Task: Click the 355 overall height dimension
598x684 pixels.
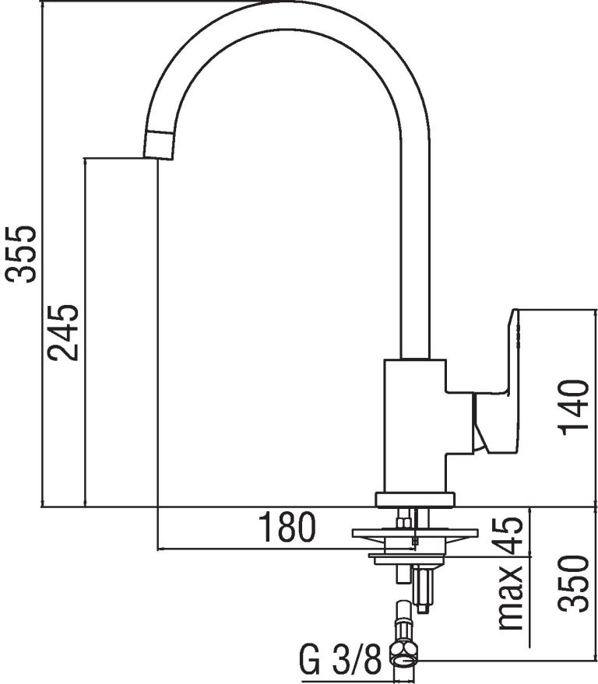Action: pyautogui.click(x=19, y=254)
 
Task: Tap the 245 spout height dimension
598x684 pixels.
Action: pyautogui.click(x=63, y=332)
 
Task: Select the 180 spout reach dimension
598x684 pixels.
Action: pyautogui.click(x=287, y=527)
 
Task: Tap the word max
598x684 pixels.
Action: pyautogui.click(x=511, y=598)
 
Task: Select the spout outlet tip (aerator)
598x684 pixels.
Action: pyautogui.click(x=159, y=145)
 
